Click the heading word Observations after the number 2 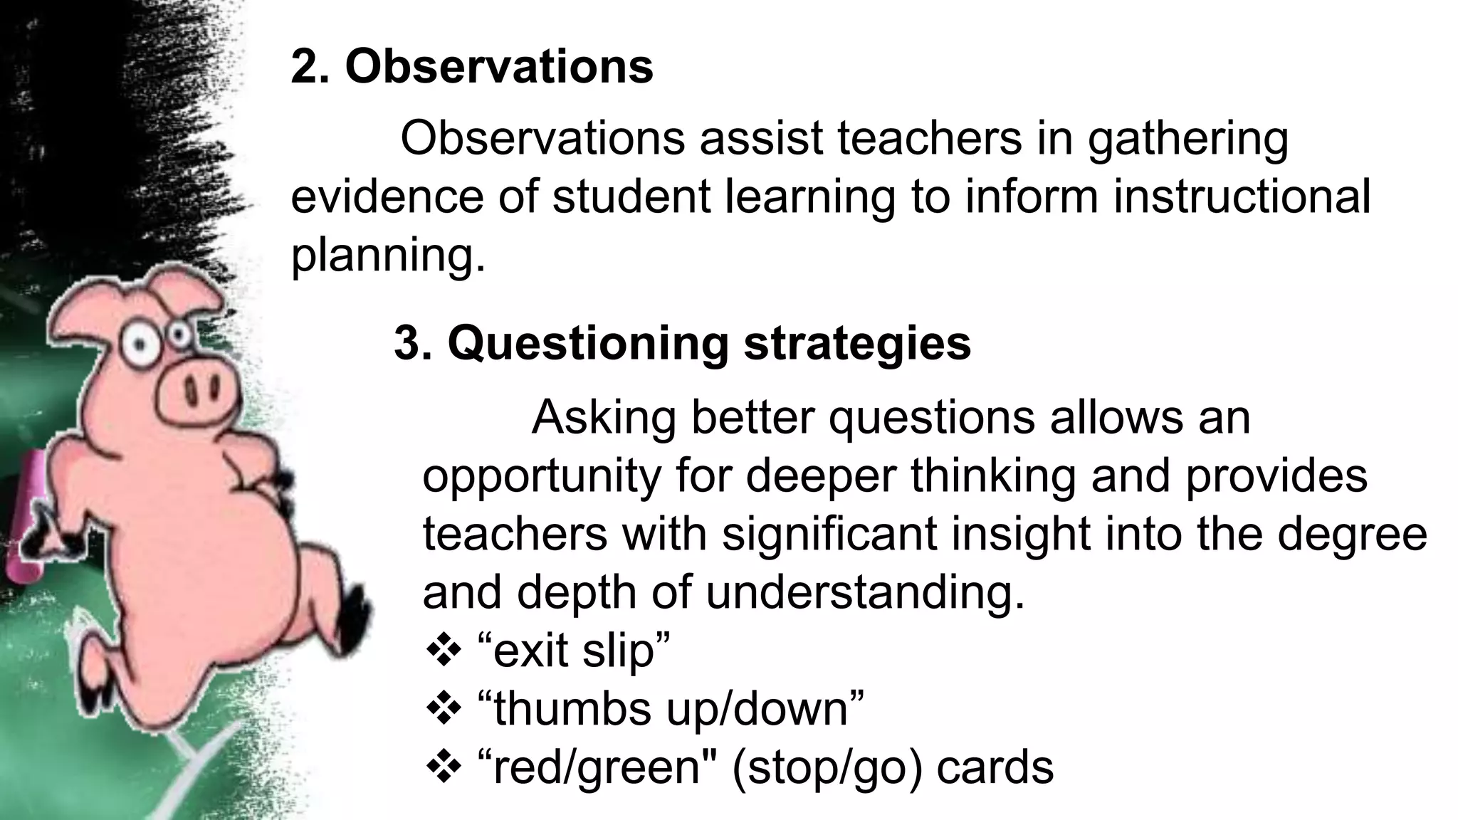point(498,67)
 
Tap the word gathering point(1187,140)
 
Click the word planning point(388,256)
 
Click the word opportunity point(542,477)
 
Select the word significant point(829,534)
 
